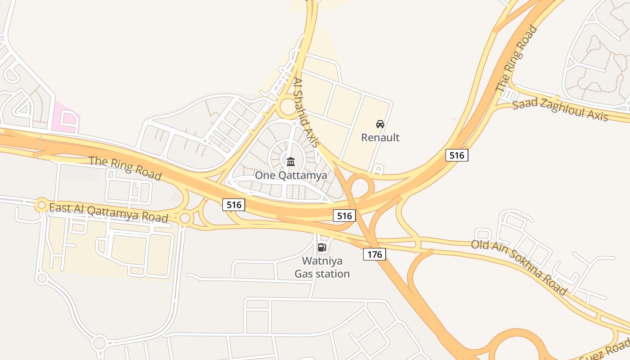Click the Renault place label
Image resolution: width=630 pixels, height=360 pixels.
[x=380, y=137]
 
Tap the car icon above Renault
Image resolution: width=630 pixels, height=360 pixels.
[x=380, y=124]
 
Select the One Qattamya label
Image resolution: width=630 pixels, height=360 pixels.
[x=291, y=175]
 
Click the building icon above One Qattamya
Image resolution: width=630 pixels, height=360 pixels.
[x=291, y=161]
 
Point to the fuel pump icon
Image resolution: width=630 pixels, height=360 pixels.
[x=322, y=247]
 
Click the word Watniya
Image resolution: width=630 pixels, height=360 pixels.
[x=322, y=261]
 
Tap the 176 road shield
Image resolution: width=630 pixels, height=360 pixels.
[x=374, y=254]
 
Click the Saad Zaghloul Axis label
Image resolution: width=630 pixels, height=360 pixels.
[x=560, y=110]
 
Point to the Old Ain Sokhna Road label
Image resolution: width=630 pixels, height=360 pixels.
[x=519, y=267]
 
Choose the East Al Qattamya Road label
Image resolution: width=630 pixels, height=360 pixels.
[x=108, y=212]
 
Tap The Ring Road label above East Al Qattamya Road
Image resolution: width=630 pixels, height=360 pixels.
[x=125, y=167]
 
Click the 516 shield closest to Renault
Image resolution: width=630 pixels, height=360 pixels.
[x=457, y=155]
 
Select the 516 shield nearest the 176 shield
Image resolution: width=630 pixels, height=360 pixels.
[x=344, y=216]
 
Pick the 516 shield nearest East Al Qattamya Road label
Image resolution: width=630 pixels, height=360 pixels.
[x=234, y=205]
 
